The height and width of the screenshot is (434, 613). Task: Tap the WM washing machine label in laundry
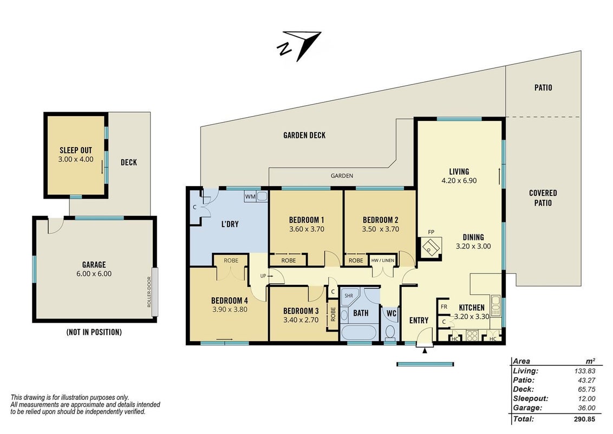(250, 196)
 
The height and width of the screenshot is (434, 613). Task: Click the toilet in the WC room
(390, 333)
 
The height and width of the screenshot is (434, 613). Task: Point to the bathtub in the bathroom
(358, 333)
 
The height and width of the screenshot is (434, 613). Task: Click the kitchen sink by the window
(495, 305)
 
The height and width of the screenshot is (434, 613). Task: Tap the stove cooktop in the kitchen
(472, 336)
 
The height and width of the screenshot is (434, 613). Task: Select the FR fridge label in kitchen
(444, 307)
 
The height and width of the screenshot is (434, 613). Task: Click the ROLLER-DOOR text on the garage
(149, 292)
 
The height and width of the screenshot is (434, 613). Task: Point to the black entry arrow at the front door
(425, 350)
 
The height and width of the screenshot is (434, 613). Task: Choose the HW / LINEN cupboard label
(383, 260)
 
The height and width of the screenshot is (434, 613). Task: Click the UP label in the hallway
(263, 276)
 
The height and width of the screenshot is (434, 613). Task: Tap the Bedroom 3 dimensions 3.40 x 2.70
(301, 320)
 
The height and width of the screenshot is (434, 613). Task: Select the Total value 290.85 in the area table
(584, 419)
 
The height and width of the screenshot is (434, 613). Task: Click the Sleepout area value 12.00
(586, 399)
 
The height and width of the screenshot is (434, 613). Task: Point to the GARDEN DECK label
(304, 135)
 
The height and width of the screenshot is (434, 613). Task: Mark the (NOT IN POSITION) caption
(94, 332)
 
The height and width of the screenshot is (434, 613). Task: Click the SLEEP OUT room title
(76, 150)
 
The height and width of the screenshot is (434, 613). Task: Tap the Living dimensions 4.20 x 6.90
(459, 181)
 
